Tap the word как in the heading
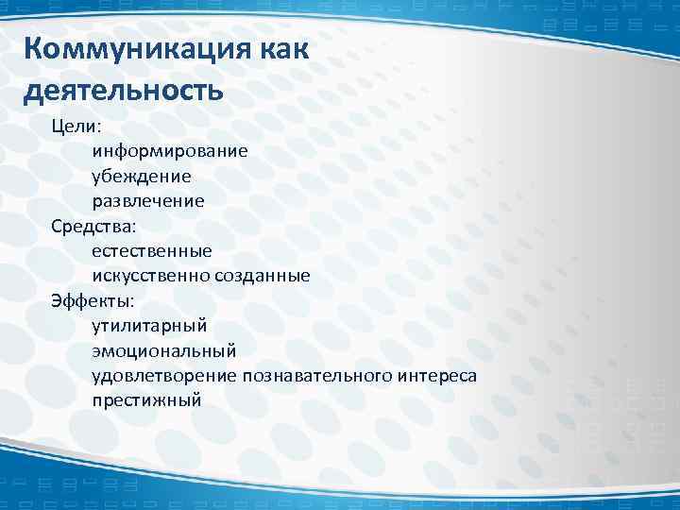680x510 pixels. pos(281,49)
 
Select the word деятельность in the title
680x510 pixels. pos(124,92)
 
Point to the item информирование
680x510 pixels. pos(170,151)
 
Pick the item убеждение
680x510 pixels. pos(141,176)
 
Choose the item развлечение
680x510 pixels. pos(147,201)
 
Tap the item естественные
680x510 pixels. pos(151,251)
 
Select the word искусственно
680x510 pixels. pos(150,276)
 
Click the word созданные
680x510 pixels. pos(262,276)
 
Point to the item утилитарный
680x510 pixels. pos(148,327)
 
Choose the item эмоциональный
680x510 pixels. pos(163,351)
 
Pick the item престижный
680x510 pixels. pos(146,401)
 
